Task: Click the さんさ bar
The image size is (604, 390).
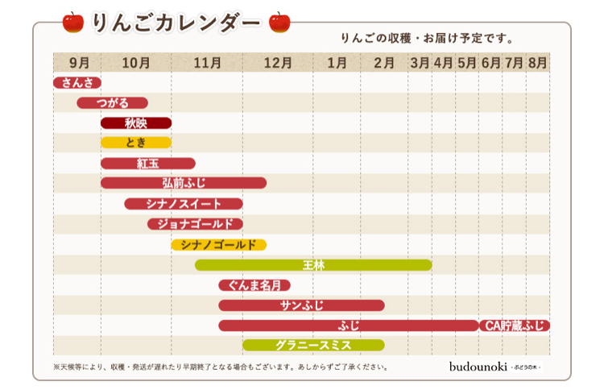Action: click(x=77, y=82)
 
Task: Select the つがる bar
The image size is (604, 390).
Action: click(x=113, y=102)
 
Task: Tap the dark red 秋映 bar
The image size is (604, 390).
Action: click(x=136, y=123)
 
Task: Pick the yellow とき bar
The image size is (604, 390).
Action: click(x=136, y=143)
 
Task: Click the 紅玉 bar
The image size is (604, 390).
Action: click(x=148, y=164)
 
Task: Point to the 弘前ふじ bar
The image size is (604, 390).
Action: click(x=184, y=183)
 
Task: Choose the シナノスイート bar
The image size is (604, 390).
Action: click(x=184, y=204)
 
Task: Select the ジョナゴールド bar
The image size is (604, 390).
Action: click(x=195, y=224)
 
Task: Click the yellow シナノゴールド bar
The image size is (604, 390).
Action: click(x=218, y=244)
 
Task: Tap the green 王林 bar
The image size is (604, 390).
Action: click(x=313, y=264)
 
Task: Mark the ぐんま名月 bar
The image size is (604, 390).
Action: click(x=254, y=284)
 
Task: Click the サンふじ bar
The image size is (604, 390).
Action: click(x=301, y=305)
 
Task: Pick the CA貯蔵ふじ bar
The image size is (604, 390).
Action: click(x=515, y=326)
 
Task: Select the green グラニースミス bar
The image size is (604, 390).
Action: click(x=313, y=346)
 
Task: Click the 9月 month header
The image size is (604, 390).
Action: click(x=79, y=62)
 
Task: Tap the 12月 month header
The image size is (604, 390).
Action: click(x=278, y=62)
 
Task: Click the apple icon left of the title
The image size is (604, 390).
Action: click(x=72, y=22)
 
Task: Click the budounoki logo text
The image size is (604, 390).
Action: click(x=478, y=366)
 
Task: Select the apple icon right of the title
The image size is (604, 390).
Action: click(x=279, y=22)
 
